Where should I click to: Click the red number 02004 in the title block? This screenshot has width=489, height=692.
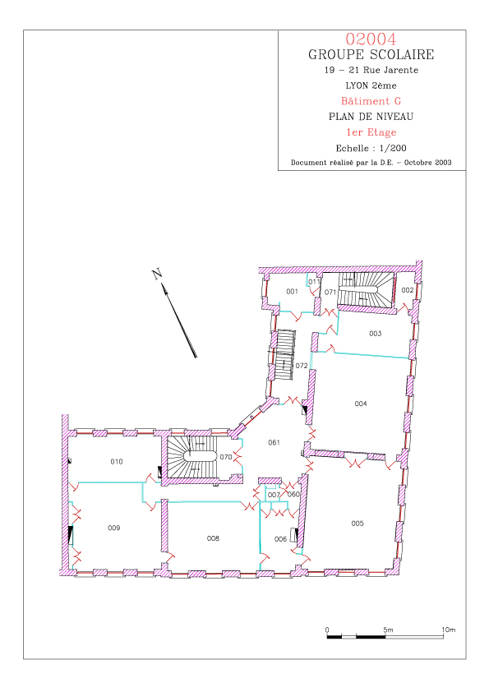pos(371,39)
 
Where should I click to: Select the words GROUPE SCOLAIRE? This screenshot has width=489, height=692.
pos(371,55)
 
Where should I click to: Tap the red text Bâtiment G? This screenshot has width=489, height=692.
pos(371,101)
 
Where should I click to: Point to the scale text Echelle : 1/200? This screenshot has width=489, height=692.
pos(371,148)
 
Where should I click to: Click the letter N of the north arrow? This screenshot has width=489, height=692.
pos(157,274)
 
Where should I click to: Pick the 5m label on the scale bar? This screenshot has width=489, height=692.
pos(388,630)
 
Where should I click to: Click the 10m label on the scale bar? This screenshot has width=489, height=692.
pos(449,630)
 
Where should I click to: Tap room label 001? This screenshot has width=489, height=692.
pos(292,291)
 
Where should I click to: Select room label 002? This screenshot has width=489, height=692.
pos(408,290)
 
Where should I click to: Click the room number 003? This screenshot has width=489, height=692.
pos(375,334)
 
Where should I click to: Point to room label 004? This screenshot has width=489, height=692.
pos(361,404)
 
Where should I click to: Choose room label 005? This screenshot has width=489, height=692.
pos(358,524)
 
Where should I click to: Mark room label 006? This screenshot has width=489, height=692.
pos(281,539)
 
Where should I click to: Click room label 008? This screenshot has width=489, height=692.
pos(213,538)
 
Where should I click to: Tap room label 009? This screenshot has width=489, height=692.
pos(114,528)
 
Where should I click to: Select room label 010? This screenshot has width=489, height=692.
pos(117,462)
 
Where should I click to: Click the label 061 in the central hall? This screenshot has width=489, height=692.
pos(274,442)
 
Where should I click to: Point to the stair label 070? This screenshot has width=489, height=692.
pos(226,457)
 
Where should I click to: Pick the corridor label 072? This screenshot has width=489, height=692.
pos(302,366)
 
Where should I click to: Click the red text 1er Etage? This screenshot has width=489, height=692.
pos(371,132)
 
